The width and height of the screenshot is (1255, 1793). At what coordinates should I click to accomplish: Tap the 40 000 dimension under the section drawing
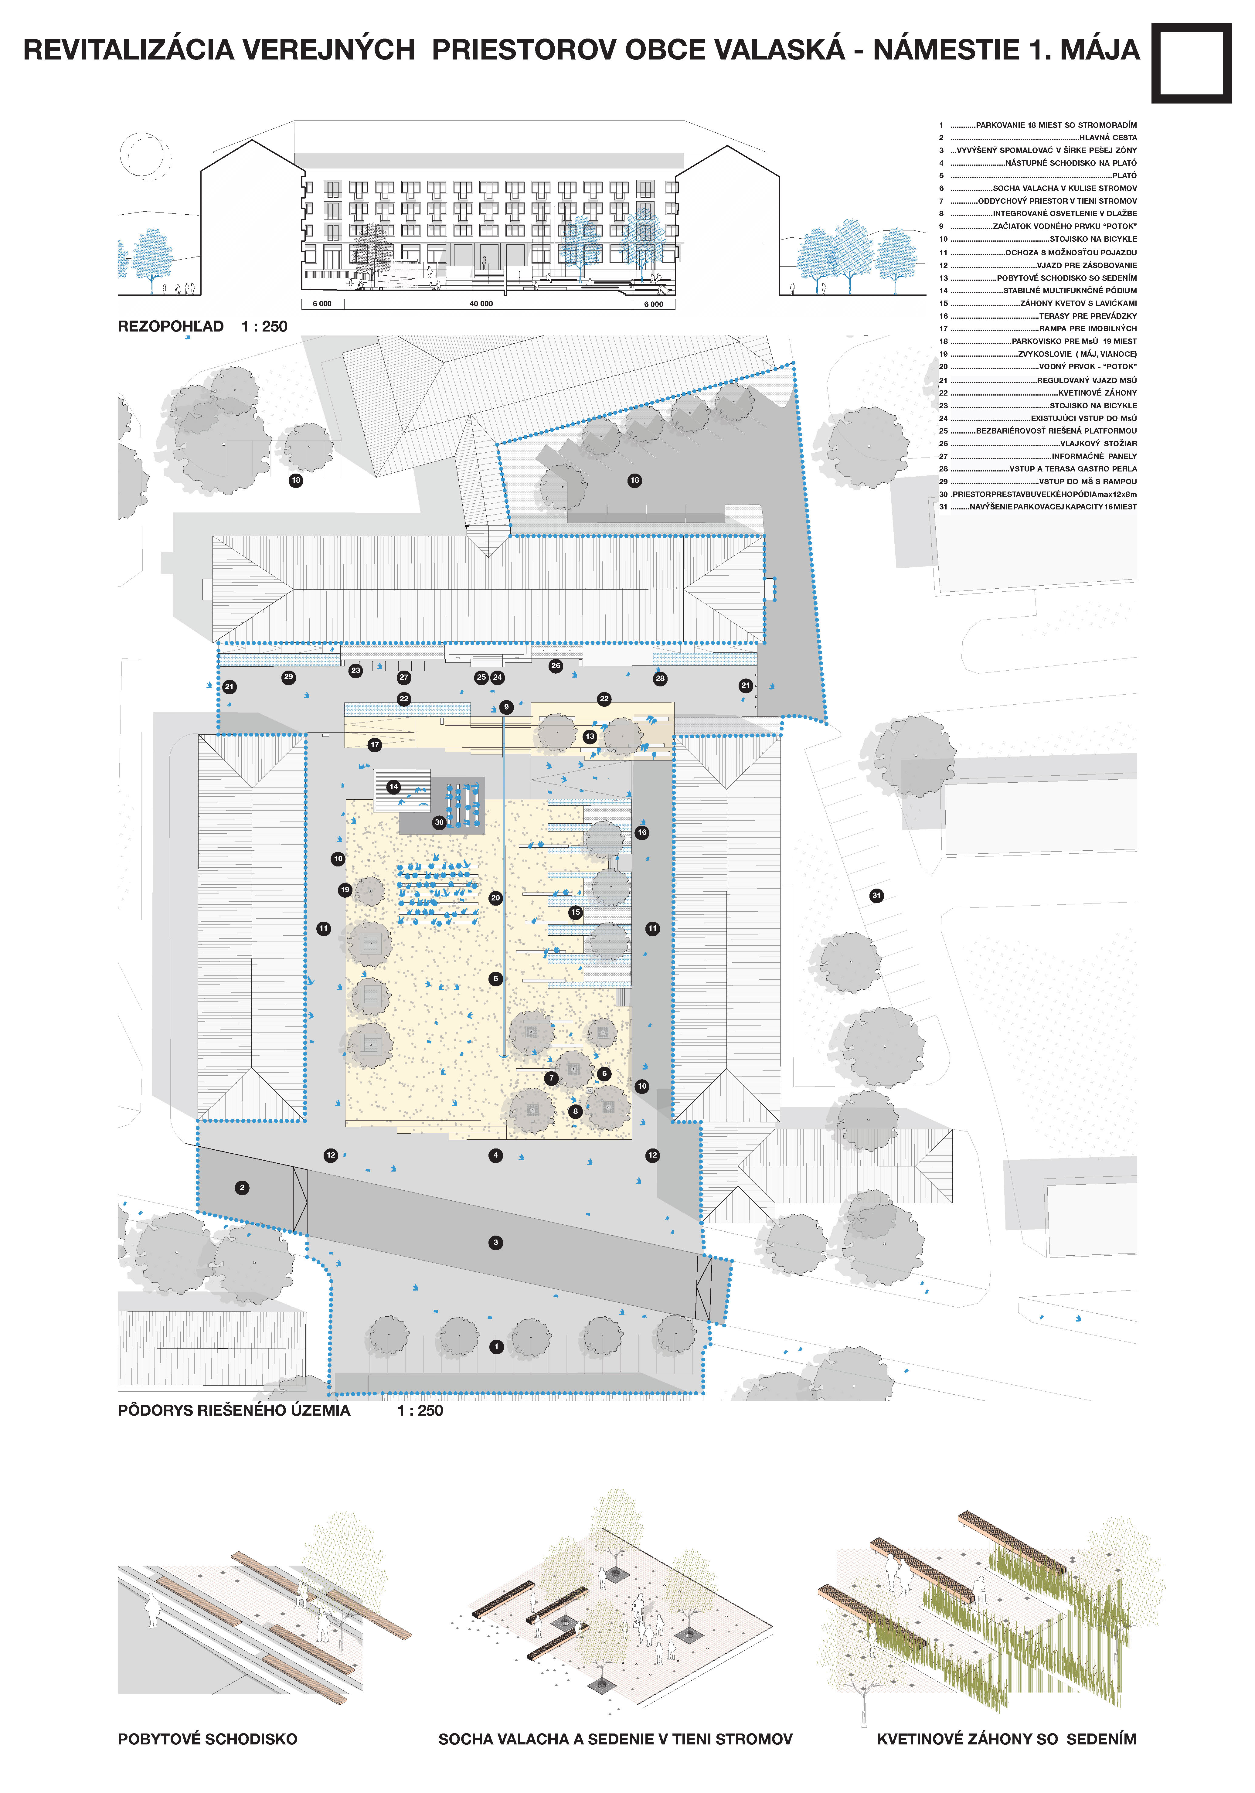(481, 304)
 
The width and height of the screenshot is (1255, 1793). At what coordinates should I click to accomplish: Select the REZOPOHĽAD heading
(170, 326)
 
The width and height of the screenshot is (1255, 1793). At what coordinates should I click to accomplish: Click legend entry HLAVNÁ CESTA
(1107, 138)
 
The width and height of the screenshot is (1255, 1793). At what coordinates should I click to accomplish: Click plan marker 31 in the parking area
(876, 896)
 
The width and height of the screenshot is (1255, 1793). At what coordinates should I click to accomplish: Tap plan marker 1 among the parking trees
(496, 1346)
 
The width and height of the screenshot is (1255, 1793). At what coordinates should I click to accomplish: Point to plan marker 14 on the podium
(394, 787)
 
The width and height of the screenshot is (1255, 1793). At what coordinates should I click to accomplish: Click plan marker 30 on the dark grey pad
(439, 822)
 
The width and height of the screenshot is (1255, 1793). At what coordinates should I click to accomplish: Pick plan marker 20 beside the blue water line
(495, 898)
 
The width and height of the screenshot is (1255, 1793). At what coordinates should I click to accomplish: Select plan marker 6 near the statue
(604, 1074)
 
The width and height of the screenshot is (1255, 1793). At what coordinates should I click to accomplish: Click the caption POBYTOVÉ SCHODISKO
(208, 1739)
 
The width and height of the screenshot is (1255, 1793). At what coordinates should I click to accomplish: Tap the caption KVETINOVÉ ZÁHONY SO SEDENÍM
(1007, 1739)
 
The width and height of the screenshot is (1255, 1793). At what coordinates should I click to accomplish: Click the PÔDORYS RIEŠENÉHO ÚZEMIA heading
(234, 1410)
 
